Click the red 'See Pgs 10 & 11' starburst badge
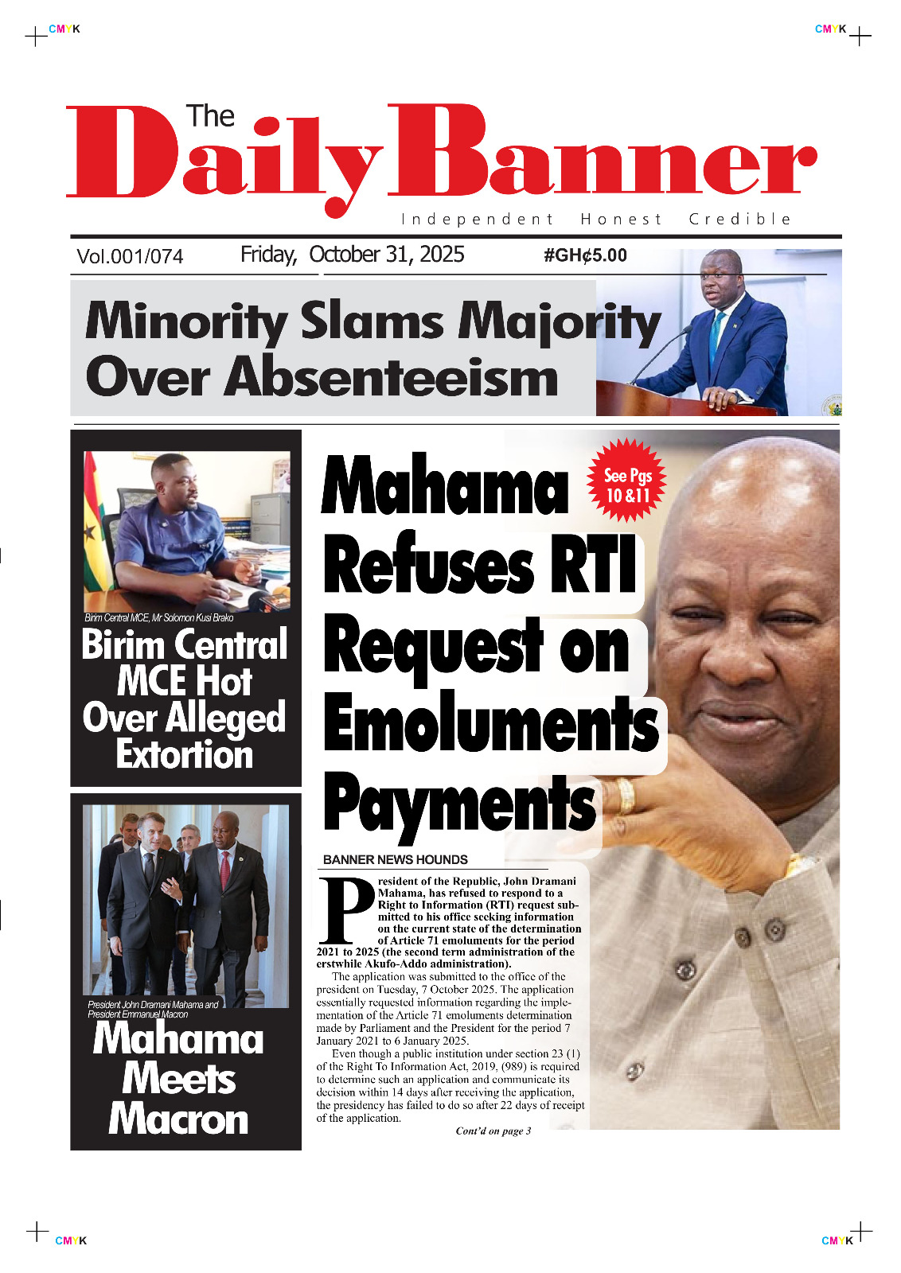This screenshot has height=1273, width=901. (627, 481)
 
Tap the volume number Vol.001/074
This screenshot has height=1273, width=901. (130, 256)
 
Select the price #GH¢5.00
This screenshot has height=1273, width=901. (585, 255)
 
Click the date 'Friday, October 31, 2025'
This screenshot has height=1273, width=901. (352, 255)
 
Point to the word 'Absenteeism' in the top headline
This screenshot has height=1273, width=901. (391, 377)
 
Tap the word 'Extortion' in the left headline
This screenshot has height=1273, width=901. (185, 754)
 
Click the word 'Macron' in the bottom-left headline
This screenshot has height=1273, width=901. (179, 1119)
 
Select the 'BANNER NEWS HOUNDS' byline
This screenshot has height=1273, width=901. (395, 859)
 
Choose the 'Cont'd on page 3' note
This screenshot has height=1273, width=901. (493, 1131)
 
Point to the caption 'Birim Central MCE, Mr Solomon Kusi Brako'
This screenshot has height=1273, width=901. (159, 617)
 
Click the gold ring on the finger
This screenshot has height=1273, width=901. (626, 796)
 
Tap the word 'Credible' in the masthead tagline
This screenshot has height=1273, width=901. (739, 219)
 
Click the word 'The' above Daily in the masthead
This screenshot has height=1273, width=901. (210, 116)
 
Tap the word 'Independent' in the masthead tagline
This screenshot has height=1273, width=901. (477, 219)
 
